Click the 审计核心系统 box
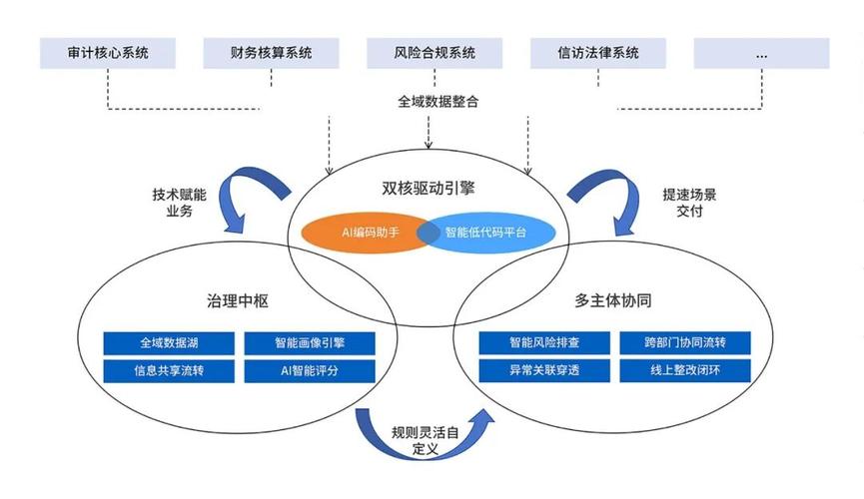[x=108, y=53]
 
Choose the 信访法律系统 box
[x=597, y=53]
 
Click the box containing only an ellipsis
[x=761, y=53]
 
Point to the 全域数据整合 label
[x=431, y=101]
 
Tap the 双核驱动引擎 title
[x=428, y=187]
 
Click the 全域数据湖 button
[x=168, y=343]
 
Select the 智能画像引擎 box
[x=310, y=343]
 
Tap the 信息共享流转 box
[x=168, y=371]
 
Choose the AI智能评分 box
[x=310, y=371]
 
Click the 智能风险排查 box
[x=544, y=343]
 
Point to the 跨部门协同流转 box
[x=685, y=343]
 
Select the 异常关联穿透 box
[x=544, y=371]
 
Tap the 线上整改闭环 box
[x=685, y=371]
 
